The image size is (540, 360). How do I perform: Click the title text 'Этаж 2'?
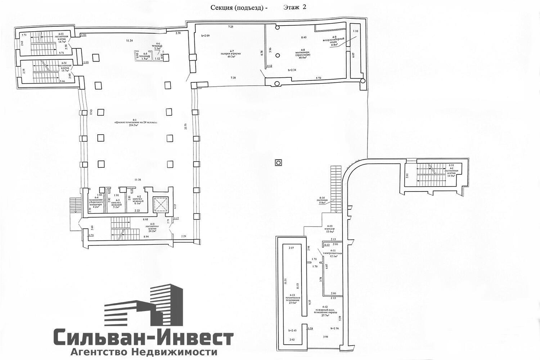[294, 7]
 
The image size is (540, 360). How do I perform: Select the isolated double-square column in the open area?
[278, 163]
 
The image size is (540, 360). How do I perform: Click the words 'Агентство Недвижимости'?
[144, 352]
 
